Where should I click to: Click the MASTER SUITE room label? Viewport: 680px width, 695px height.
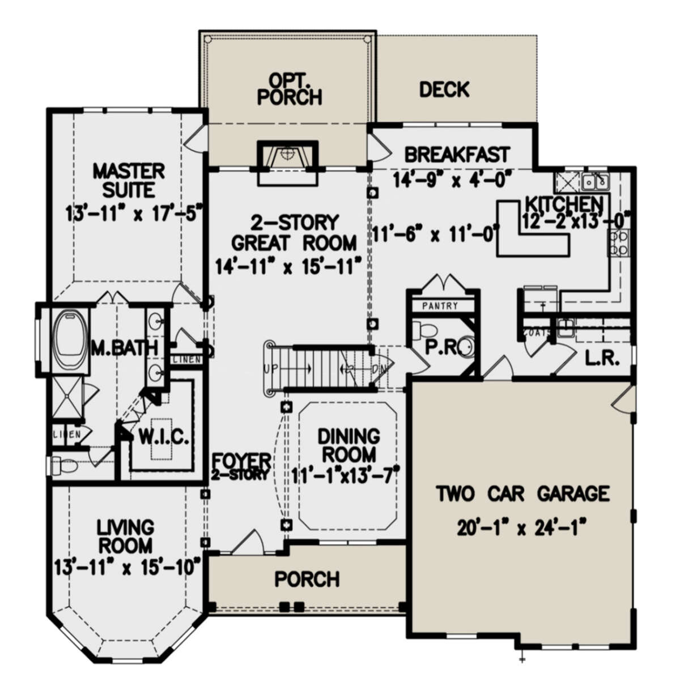[129, 180]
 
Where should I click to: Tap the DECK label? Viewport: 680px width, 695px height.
[445, 89]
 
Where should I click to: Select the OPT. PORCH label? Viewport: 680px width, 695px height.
[289, 88]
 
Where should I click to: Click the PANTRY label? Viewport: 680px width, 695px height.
[440, 306]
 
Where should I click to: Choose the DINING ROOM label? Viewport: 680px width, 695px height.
[348, 445]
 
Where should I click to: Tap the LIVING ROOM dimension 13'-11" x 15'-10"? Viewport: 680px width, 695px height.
[129, 565]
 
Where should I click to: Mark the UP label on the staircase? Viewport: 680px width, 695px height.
[270, 369]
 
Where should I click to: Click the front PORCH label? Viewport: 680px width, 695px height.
[307, 579]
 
